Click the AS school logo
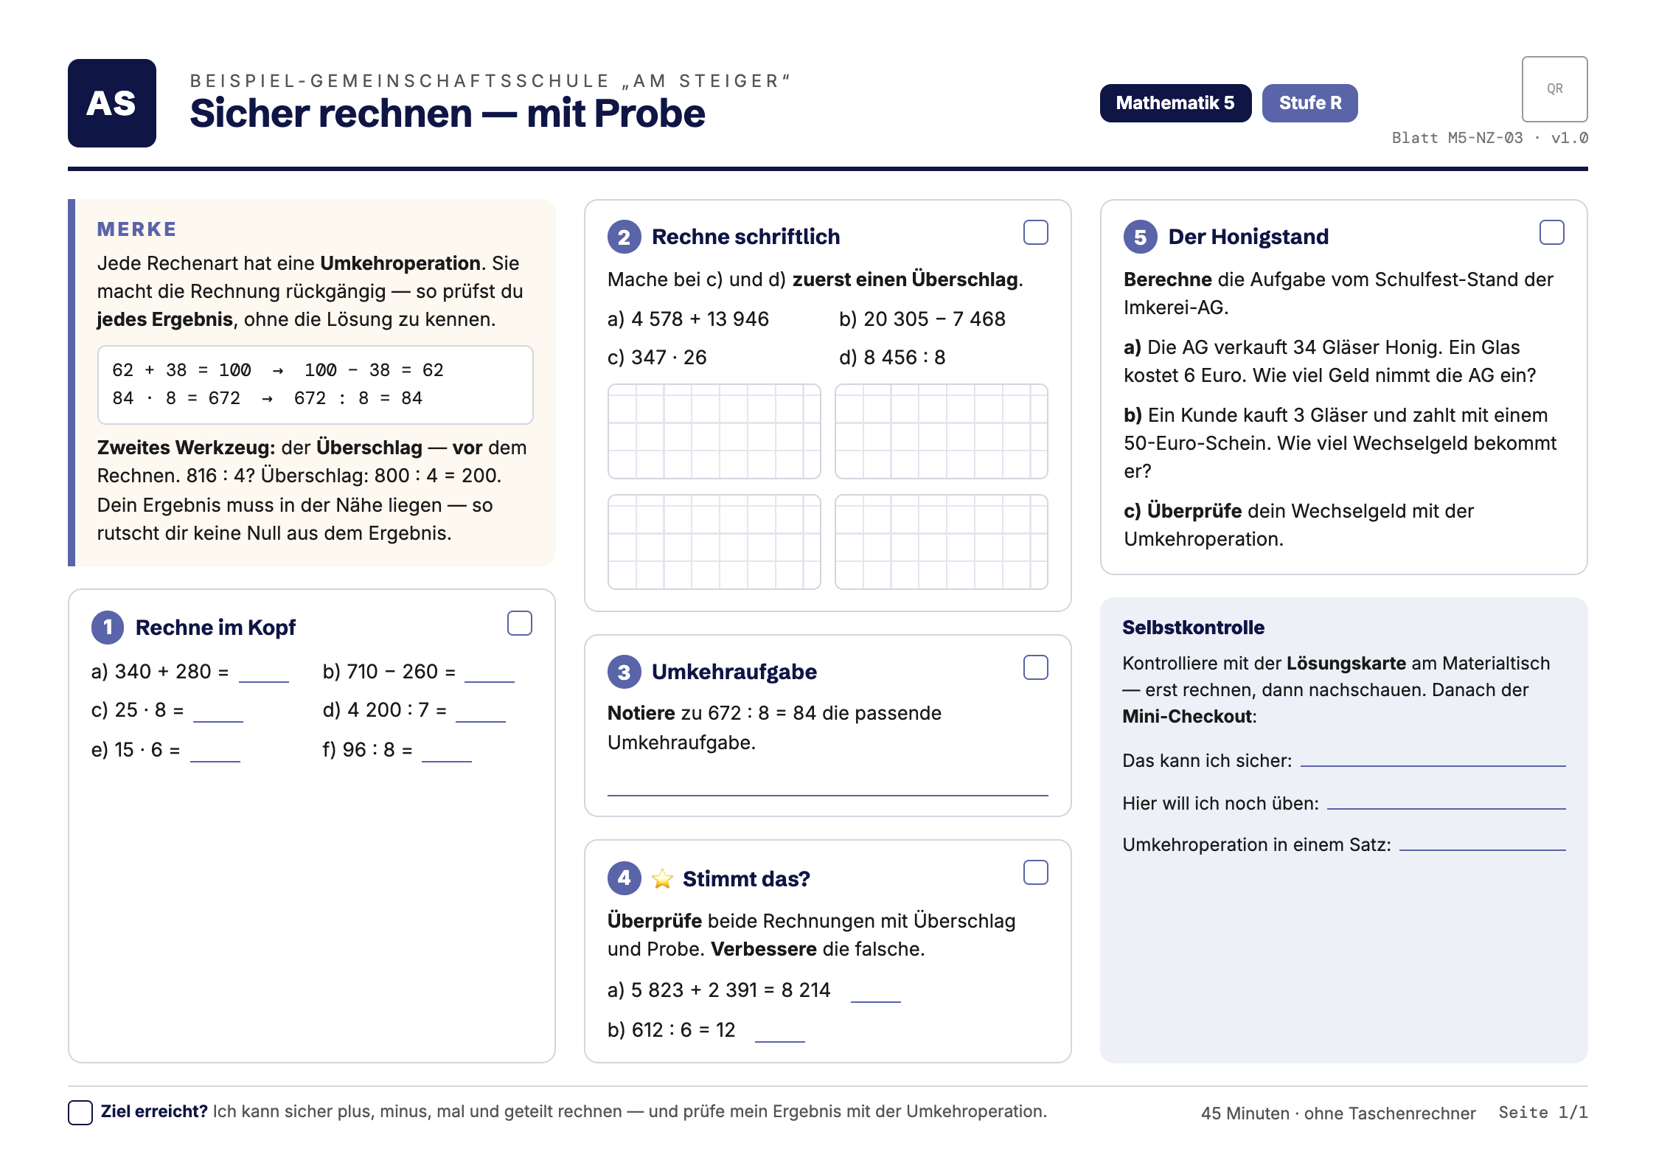[x=112, y=103]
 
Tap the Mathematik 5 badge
[x=1175, y=103]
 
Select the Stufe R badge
[x=1309, y=103]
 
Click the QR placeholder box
[x=1554, y=89]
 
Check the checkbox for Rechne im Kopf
[x=520, y=623]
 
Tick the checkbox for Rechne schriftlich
[x=1036, y=232]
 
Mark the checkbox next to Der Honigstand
[x=1552, y=232]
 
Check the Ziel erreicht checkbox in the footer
[x=80, y=1112]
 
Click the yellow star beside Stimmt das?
[x=662, y=878]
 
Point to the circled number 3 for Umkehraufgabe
[x=625, y=672]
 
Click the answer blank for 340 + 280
[x=263, y=681]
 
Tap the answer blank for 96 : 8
[x=446, y=760]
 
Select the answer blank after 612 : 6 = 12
[x=779, y=1040]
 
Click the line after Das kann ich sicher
[x=1433, y=765]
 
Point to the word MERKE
[x=137, y=229]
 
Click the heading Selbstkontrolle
[x=1193, y=628]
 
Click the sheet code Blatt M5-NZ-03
[x=1457, y=138]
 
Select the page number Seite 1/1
[x=1542, y=1112]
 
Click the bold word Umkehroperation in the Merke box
[x=400, y=263]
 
